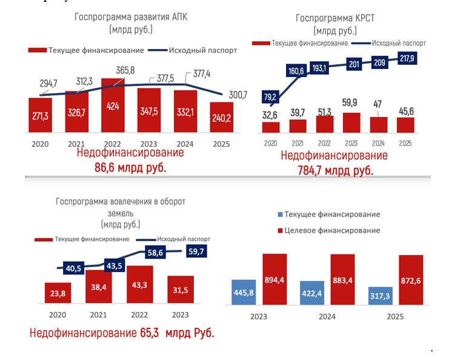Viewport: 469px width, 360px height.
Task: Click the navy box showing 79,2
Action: (x=270, y=96)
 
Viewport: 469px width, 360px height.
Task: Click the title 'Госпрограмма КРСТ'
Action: (x=335, y=18)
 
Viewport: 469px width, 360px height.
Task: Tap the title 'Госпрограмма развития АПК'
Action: (x=131, y=17)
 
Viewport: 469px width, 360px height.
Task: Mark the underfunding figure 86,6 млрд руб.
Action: (x=130, y=168)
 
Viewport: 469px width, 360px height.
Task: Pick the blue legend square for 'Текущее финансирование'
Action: (x=280, y=215)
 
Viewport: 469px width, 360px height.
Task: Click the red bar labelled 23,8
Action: (x=59, y=293)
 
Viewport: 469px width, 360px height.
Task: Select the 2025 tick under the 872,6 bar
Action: (x=395, y=317)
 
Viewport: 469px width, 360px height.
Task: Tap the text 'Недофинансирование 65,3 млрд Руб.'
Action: (x=122, y=333)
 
